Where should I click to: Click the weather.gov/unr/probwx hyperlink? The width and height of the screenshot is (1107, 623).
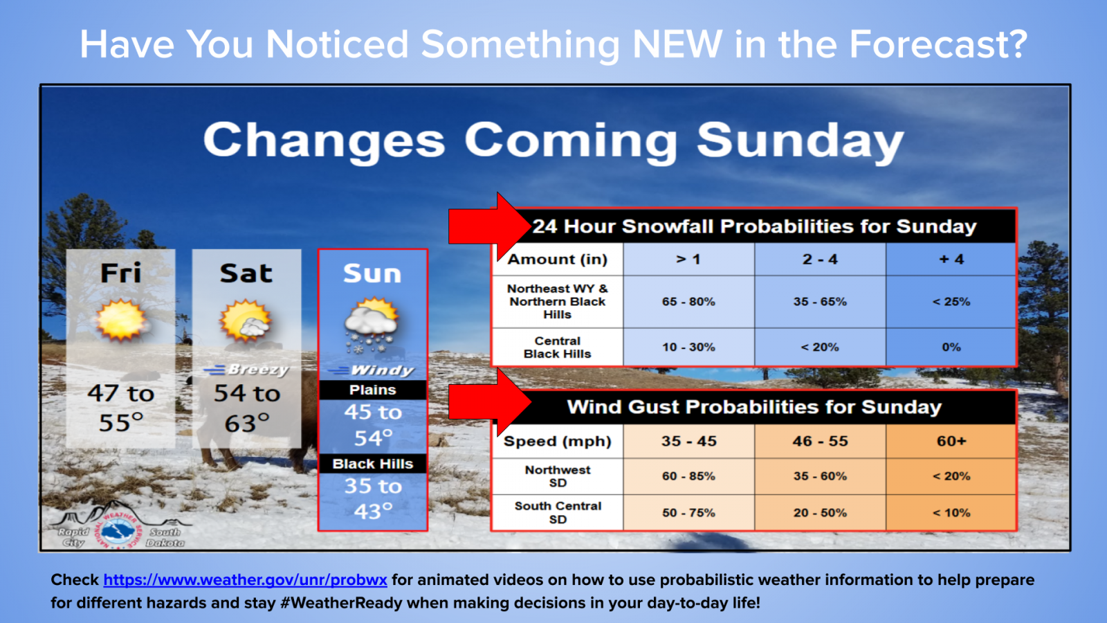[x=245, y=579]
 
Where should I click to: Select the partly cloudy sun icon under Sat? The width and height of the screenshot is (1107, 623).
[x=246, y=321]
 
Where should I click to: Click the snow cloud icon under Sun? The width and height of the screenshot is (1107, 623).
[x=372, y=324]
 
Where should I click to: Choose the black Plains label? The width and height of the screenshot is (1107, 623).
[x=373, y=390]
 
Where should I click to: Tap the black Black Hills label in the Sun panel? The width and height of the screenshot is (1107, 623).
[x=373, y=464]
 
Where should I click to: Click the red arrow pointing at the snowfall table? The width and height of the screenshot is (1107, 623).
[x=489, y=226]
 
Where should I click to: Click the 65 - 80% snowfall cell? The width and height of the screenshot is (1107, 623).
[x=688, y=302]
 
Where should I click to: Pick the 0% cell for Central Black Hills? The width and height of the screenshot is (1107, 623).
[x=951, y=347]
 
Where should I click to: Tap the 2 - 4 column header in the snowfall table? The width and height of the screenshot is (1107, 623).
[x=820, y=259]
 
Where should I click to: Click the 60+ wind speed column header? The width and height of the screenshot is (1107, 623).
[x=951, y=441]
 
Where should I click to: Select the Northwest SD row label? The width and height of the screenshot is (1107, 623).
[x=558, y=476]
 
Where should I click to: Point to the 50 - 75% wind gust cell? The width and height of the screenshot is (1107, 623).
[x=688, y=513]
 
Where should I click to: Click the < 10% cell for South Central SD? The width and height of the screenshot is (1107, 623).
[x=951, y=513]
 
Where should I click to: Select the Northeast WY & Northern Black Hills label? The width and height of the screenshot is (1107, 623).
[x=558, y=302]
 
